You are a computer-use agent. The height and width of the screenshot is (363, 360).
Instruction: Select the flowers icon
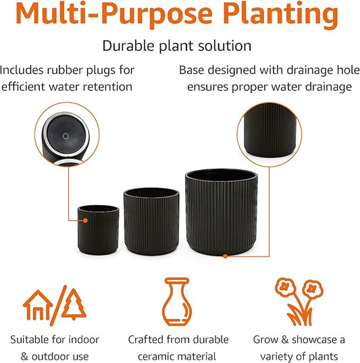pos(298,301)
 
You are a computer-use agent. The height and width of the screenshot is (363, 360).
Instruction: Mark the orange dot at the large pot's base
pos(226,255)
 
